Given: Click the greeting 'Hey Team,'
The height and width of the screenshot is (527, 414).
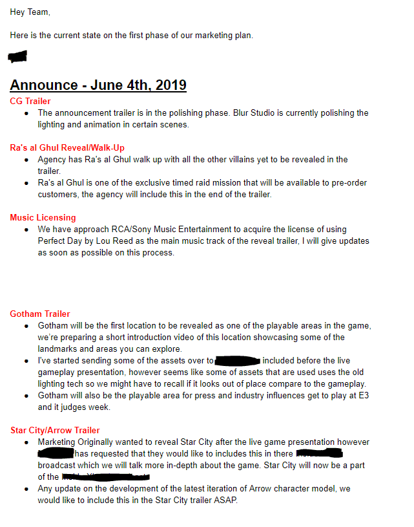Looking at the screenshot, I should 30,12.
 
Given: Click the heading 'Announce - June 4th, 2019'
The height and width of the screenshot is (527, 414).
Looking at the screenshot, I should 98,85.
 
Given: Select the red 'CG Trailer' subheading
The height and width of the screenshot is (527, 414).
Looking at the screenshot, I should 30,101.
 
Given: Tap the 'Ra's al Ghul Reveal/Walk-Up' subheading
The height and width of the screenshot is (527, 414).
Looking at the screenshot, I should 67,147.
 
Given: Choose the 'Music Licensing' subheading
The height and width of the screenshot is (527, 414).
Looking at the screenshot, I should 43,217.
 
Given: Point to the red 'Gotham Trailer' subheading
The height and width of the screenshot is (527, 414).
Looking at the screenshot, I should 40,314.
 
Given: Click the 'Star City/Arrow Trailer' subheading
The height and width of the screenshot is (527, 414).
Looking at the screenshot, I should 55,430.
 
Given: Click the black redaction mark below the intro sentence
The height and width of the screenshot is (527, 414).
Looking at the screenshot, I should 17,57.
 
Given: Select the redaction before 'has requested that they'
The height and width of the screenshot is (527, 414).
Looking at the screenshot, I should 56,454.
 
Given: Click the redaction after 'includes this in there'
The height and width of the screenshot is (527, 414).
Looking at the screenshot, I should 318,454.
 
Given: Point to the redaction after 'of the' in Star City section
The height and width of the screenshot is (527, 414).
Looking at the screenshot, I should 97,477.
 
